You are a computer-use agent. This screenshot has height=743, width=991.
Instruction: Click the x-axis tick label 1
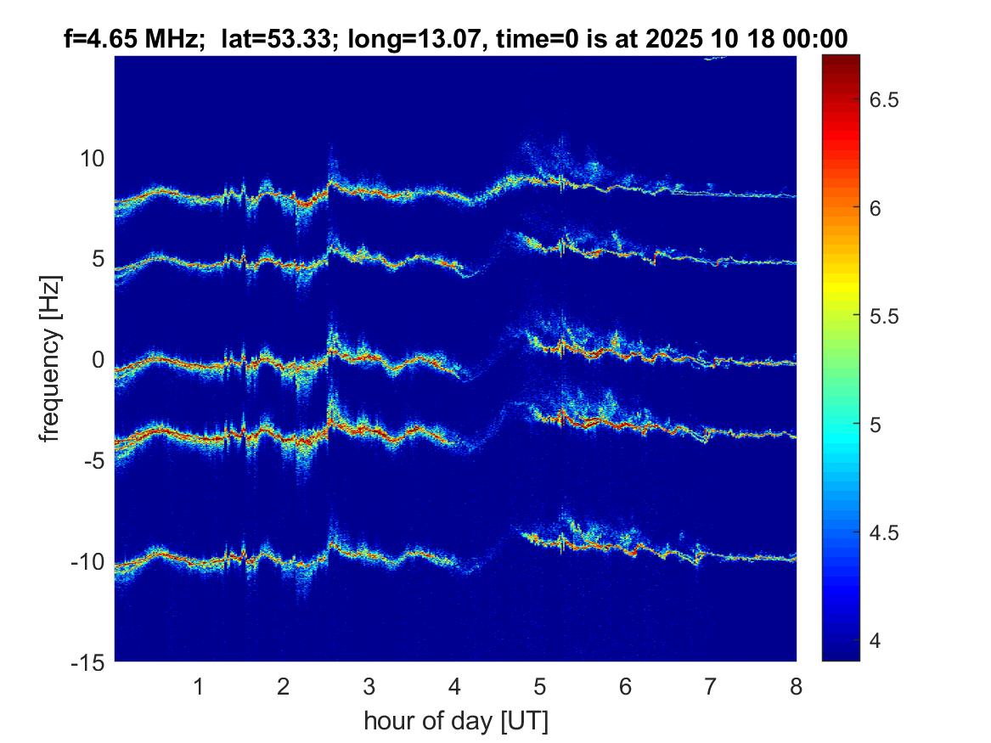199,686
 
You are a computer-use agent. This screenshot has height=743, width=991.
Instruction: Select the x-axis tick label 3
369,686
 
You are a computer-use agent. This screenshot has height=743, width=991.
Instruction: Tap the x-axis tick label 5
539,686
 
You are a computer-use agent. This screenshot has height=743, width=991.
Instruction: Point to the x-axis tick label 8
796,686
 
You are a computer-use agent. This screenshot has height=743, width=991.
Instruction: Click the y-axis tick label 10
91,158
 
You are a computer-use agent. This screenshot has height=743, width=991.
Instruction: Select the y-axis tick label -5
91,461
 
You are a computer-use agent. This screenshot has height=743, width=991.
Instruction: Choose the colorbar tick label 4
876,641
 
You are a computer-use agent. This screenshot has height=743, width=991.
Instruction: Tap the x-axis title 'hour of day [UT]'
455,722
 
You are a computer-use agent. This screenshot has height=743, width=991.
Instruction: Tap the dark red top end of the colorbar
841,59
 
